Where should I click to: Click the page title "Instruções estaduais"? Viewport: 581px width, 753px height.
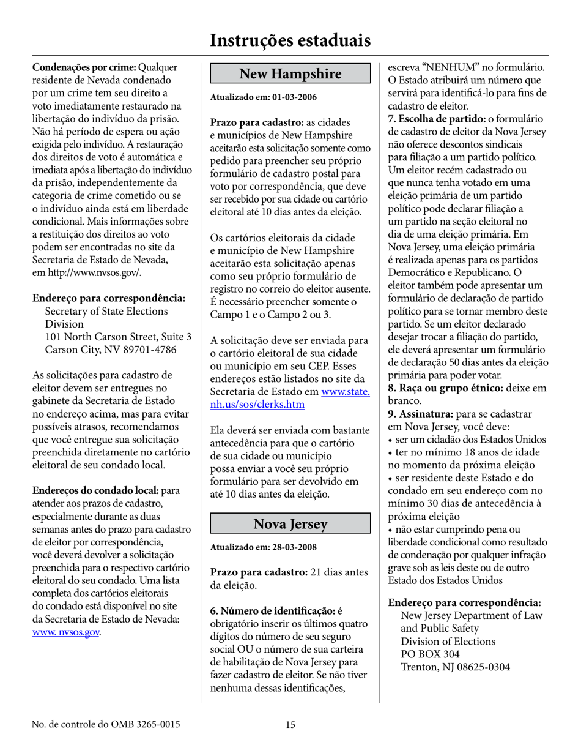tap(290, 40)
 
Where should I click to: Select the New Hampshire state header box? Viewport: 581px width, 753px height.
tap(290, 74)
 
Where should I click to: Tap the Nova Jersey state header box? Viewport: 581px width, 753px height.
tap(290, 523)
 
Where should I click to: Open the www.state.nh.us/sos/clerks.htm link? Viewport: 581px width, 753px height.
tap(290, 398)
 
